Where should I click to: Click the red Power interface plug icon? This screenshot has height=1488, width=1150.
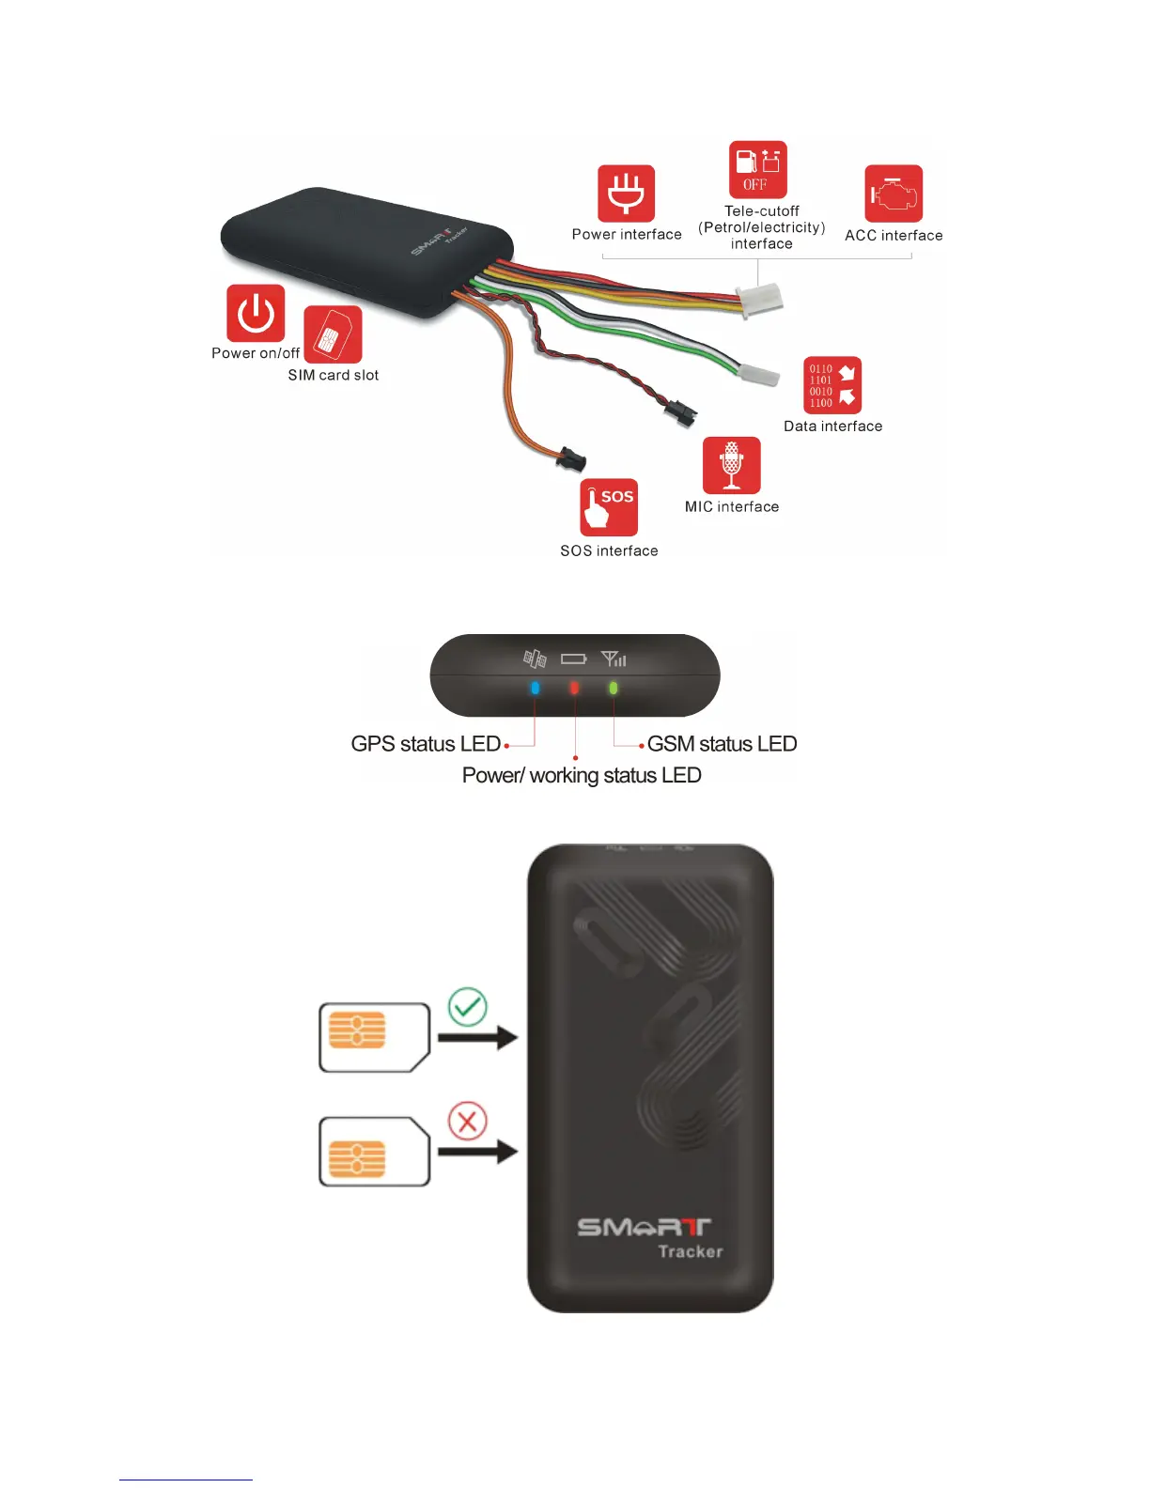(x=626, y=194)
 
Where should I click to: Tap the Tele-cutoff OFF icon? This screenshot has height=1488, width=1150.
(x=757, y=170)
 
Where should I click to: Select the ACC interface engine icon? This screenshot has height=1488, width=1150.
(x=894, y=194)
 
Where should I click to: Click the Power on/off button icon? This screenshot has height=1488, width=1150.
(x=256, y=314)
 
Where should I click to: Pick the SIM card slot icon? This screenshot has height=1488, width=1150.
(x=333, y=334)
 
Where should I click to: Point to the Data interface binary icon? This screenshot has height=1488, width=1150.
(x=832, y=385)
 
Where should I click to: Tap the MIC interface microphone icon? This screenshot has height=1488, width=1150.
(x=731, y=465)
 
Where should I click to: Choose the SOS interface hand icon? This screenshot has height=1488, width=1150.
(x=609, y=507)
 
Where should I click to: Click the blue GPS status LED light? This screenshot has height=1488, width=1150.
(x=535, y=688)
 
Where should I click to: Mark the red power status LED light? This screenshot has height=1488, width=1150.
(x=574, y=688)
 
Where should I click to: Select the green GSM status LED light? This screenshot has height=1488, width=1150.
(x=614, y=688)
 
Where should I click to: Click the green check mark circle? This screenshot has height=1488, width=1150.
(x=468, y=1007)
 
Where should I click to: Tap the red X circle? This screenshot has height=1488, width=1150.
(x=467, y=1121)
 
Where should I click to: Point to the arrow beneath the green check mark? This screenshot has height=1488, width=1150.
(x=478, y=1038)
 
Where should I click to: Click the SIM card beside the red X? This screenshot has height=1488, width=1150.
(x=374, y=1152)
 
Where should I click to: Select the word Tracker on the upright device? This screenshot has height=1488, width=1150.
(x=691, y=1251)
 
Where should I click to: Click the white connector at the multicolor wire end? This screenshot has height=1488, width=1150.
(x=761, y=299)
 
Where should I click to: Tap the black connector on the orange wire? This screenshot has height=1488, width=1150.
(x=571, y=459)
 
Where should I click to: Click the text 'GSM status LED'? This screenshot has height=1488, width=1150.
(x=722, y=744)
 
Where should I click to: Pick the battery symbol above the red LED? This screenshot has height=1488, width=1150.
(x=573, y=659)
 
